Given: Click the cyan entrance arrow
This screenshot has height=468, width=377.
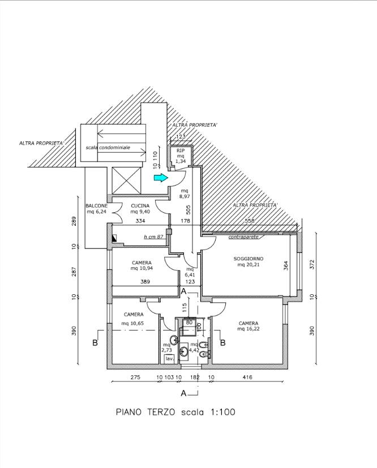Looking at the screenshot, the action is click(160, 178).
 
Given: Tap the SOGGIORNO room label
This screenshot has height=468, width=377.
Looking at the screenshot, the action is click(249, 259).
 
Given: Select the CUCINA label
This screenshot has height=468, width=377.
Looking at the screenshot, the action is click(140, 205).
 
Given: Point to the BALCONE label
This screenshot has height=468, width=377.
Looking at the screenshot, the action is click(96, 205).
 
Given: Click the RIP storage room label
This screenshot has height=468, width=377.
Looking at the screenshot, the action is click(181, 151).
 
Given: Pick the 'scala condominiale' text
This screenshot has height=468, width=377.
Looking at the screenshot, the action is click(108, 148).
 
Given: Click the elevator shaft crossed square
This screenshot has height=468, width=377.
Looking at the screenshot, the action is click(126, 181).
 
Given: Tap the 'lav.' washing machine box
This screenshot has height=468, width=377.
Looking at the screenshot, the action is click(169, 359).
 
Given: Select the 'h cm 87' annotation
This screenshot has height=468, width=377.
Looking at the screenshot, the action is click(153, 237).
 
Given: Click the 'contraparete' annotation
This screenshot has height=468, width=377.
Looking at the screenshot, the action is click(243, 237).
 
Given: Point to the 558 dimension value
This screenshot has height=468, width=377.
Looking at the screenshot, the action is click(249, 221).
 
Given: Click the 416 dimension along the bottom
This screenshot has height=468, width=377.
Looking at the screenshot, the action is click(247, 377).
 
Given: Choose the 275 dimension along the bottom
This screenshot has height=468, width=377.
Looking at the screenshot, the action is click(135, 377).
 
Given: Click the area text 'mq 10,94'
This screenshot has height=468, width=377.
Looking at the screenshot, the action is click(142, 268).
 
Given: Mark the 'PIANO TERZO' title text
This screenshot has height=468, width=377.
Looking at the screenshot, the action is click(145, 412).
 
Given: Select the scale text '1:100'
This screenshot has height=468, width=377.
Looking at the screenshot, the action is click(223, 412).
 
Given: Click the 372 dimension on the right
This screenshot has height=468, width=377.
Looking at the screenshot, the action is click(312, 264).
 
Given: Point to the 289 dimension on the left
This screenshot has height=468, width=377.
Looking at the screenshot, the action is click(74, 221).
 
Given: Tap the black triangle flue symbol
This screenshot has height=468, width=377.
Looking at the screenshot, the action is click(114, 238).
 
